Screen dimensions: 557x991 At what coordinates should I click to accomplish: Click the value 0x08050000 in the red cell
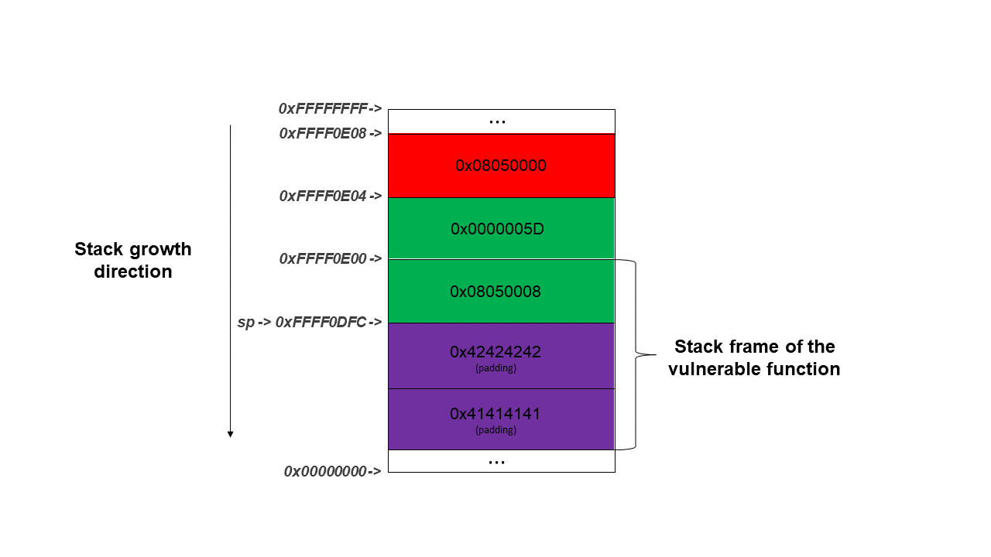point(501,166)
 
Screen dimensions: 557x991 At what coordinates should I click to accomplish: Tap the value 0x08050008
point(495,292)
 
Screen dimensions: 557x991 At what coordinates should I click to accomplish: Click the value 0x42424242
point(495,352)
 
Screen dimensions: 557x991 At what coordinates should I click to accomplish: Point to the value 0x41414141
point(495,414)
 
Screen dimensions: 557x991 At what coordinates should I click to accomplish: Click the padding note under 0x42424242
point(495,368)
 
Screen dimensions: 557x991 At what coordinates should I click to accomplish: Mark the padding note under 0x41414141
point(495,430)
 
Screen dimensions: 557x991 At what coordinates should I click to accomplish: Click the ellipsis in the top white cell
point(498,121)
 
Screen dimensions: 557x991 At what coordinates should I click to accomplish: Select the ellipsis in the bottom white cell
point(498,461)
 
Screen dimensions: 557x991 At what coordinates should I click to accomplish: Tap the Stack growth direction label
point(133,261)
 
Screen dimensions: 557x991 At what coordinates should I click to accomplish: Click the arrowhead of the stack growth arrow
point(230,434)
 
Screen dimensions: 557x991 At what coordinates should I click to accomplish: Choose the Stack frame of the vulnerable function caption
point(754,357)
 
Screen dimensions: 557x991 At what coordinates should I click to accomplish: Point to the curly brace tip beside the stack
point(654,355)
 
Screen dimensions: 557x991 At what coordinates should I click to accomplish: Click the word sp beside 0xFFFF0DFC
point(245,322)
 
